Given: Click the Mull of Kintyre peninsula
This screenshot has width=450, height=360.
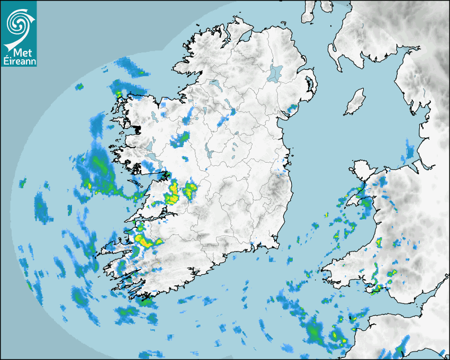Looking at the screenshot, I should point(308,13).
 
